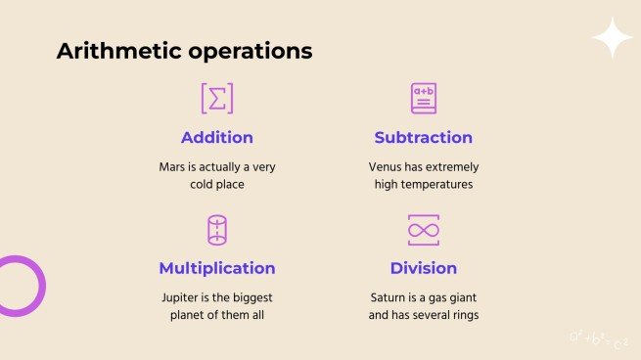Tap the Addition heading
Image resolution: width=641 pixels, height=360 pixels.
click(217, 138)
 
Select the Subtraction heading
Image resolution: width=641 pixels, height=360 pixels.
click(423, 138)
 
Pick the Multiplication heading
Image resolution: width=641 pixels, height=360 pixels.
click(217, 268)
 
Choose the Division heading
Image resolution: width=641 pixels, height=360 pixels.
click(423, 268)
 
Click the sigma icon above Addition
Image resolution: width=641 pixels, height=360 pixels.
click(217, 99)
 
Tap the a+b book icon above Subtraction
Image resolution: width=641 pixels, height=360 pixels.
click(423, 99)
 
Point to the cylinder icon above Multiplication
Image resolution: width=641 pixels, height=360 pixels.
click(217, 230)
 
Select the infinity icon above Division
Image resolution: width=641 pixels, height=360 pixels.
click(423, 230)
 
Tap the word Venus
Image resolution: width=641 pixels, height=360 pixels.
click(374, 167)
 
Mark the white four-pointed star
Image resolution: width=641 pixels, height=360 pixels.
click(613, 38)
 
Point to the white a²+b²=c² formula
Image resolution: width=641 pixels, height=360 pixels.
click(598, 338)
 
